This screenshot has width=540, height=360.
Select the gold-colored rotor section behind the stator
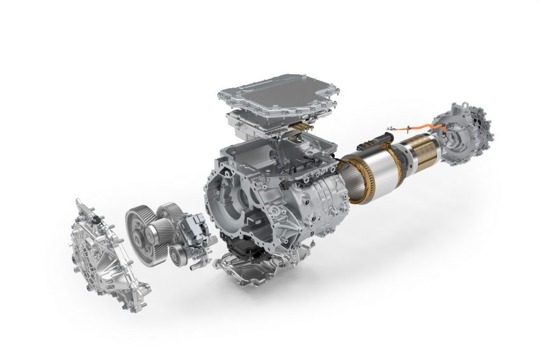[423, 150]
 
